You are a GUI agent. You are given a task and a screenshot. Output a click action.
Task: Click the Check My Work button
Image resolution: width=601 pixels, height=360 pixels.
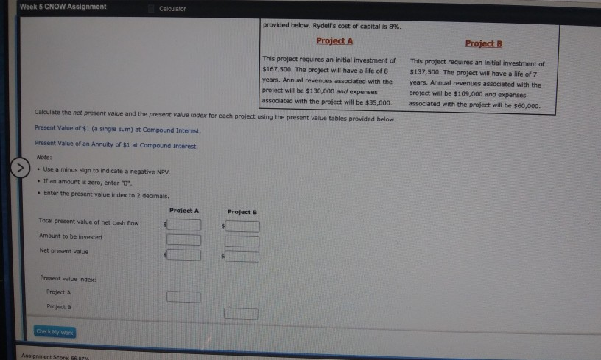point(55,331)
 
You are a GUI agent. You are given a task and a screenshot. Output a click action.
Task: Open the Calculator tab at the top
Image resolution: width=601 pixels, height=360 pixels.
point(173,8)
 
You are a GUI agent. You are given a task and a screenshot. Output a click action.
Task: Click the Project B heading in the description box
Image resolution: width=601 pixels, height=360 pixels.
point(484,43)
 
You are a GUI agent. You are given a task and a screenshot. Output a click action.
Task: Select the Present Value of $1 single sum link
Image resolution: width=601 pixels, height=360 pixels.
point(117,130)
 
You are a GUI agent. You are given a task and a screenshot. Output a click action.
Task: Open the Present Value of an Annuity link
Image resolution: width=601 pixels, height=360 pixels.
point(116,146)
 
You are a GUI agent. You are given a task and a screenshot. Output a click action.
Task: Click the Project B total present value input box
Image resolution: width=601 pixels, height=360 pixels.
point(242,226)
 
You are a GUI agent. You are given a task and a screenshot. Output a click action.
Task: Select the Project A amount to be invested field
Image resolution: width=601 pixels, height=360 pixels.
point(184,239)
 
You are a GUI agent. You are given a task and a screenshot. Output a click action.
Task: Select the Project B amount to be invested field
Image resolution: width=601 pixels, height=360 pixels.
point(242,241)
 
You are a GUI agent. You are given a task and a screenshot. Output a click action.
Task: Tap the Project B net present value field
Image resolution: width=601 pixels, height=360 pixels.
point(242,256)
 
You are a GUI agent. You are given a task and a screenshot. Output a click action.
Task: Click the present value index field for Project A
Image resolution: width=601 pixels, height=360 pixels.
point(183,297)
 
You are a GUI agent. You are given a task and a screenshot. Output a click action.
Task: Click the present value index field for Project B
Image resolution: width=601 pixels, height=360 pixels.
point(242,314)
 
